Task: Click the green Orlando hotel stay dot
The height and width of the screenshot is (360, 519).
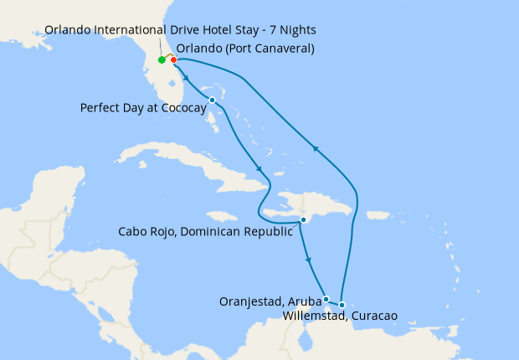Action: pos(162,60)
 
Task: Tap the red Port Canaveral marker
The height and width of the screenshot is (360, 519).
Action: pos(173,59)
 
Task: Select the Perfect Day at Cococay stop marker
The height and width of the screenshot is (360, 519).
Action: pos(213,100)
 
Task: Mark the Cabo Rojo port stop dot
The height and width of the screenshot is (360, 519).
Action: pos(303,220)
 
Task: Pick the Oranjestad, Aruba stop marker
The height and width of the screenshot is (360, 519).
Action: pos(326,299)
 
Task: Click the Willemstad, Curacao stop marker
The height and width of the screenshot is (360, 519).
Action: pos(342,305)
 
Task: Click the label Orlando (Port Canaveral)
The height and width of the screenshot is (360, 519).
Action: pos(245,48)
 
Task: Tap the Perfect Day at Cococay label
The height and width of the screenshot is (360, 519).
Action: pos(143,108)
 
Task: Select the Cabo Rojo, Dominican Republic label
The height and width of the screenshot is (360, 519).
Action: pos(205,231)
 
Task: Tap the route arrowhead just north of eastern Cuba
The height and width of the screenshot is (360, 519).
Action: pos(260,170)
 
